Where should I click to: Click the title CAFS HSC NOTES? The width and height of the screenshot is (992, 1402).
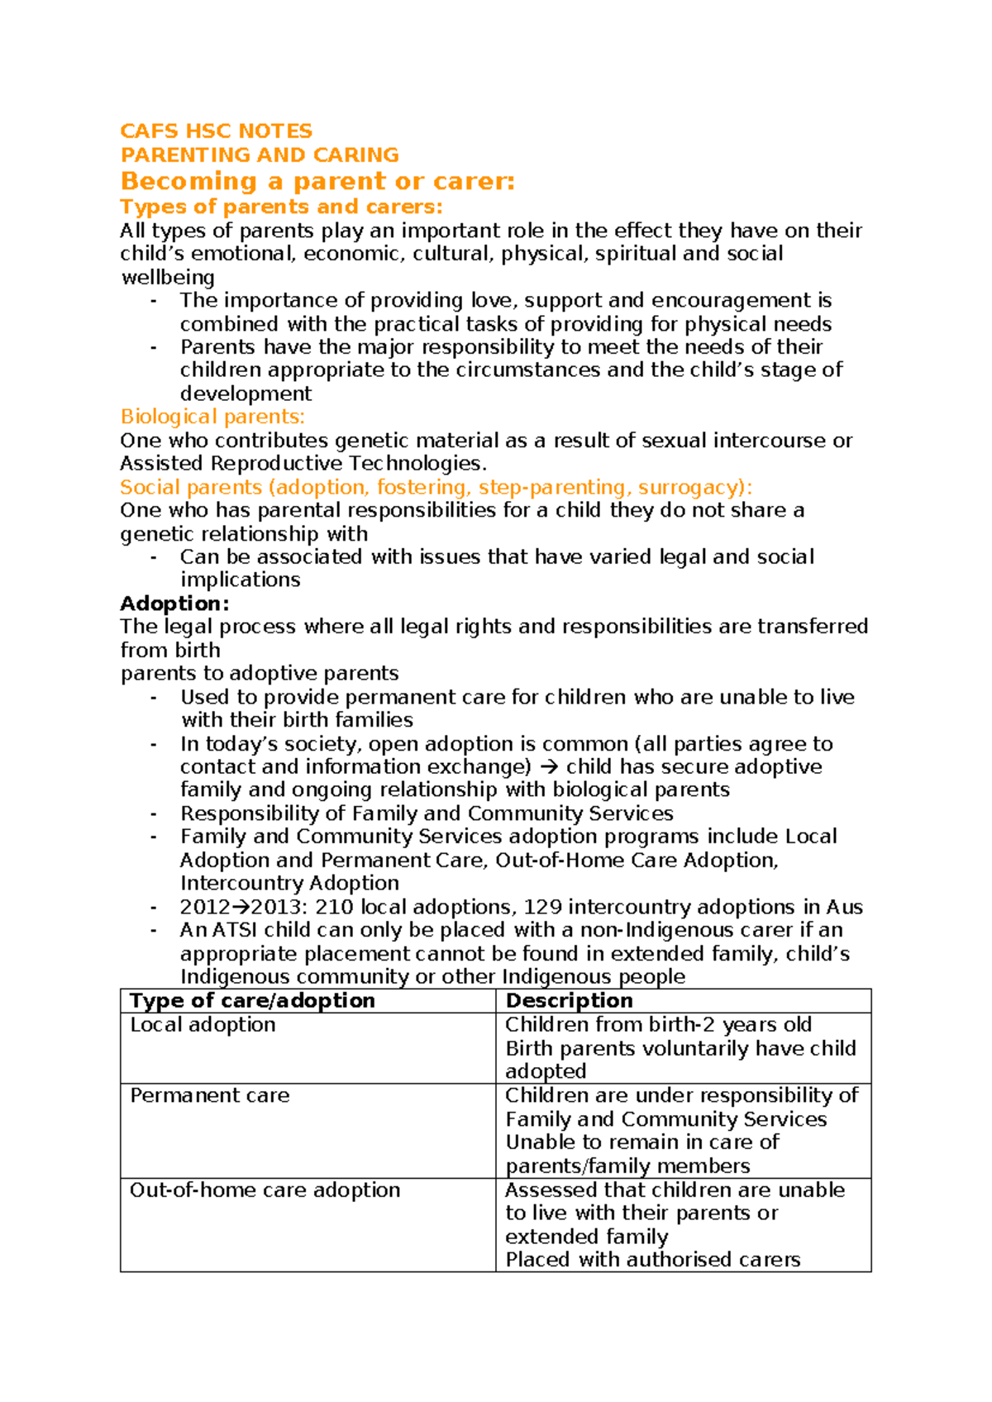click(216, 131)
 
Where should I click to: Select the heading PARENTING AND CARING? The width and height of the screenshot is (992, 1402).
click(259, 155)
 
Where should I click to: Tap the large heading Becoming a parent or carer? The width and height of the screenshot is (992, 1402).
click(317, 181)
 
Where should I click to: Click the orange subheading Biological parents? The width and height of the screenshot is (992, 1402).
click(212, 417)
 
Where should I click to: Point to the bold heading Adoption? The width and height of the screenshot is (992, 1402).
click(174, 603)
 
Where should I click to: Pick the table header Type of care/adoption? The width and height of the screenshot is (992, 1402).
click(252, 1001)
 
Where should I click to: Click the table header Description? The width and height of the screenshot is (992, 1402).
click(569, 1001)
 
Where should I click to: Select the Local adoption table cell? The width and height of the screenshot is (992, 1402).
click(203, 1025)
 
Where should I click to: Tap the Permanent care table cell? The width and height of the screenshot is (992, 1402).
click(209, 1096)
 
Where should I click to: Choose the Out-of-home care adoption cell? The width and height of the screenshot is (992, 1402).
click(265, 1190)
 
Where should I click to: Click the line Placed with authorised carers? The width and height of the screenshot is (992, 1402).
click(652, 1260)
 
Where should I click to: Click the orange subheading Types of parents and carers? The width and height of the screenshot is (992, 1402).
click(281, 207)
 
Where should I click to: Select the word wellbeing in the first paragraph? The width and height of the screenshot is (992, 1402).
click(168, 278)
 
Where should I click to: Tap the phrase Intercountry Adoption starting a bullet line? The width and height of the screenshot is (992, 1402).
click(289, 884)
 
